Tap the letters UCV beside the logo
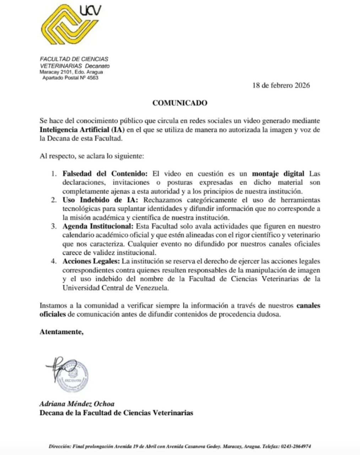[x=90, y=11]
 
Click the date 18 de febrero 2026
[x=281, y=85]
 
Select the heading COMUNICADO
[x=180, y=103]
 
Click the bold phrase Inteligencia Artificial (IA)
[x=82, y=130]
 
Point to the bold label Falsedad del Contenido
[x=105, y=174]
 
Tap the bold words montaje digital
[x=278, y=174]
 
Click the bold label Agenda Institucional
[x=98, y=226]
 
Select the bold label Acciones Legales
[x=91, y=261]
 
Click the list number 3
[x=53, y=226]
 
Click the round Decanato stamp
[x=73, y=376]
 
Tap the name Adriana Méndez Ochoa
[x=77, y=404]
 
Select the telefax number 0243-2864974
[x=296, y=446]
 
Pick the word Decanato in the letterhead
[x=97, y=66]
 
